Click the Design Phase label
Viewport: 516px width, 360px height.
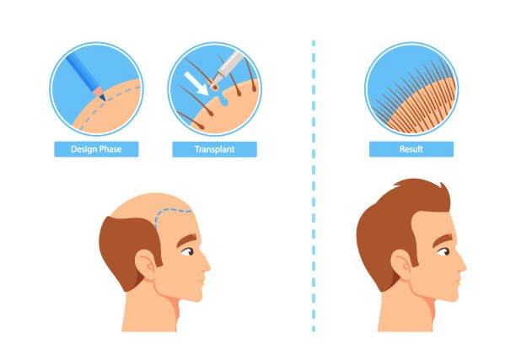tap(96, 149)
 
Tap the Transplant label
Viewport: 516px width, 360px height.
tap(214, 149)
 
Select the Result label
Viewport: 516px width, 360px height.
tap(411, 149)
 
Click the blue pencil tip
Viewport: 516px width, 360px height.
tap(103, 98)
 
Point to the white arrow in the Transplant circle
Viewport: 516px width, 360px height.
tap(196, 84)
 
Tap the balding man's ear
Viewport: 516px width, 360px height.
tap(147, 265)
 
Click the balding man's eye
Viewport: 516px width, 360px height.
tap(187, 252)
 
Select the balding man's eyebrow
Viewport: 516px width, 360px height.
tap(186, 239)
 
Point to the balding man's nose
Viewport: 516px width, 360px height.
tap(206, 264)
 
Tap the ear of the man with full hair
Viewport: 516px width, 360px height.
tap(402, 265)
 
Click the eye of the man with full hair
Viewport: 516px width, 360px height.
tap(443, 252)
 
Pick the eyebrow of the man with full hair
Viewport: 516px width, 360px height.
tap(443, 239)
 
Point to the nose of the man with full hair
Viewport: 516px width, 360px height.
tap(462, 264)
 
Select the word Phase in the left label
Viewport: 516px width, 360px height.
tap(110, 149)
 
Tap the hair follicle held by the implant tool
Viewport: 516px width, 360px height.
tap(214, 86)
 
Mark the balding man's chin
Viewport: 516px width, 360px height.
tap(196, 295)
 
